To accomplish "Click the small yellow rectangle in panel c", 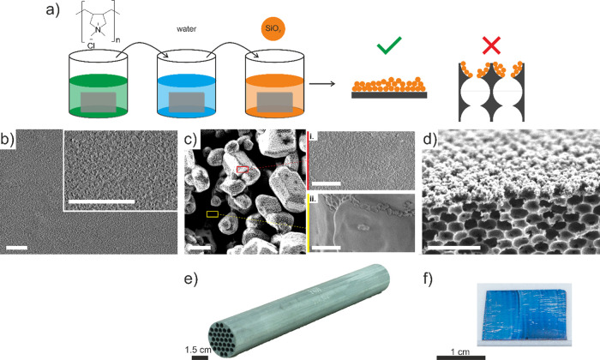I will click(213, 213).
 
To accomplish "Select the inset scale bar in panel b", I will click(100, 201).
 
